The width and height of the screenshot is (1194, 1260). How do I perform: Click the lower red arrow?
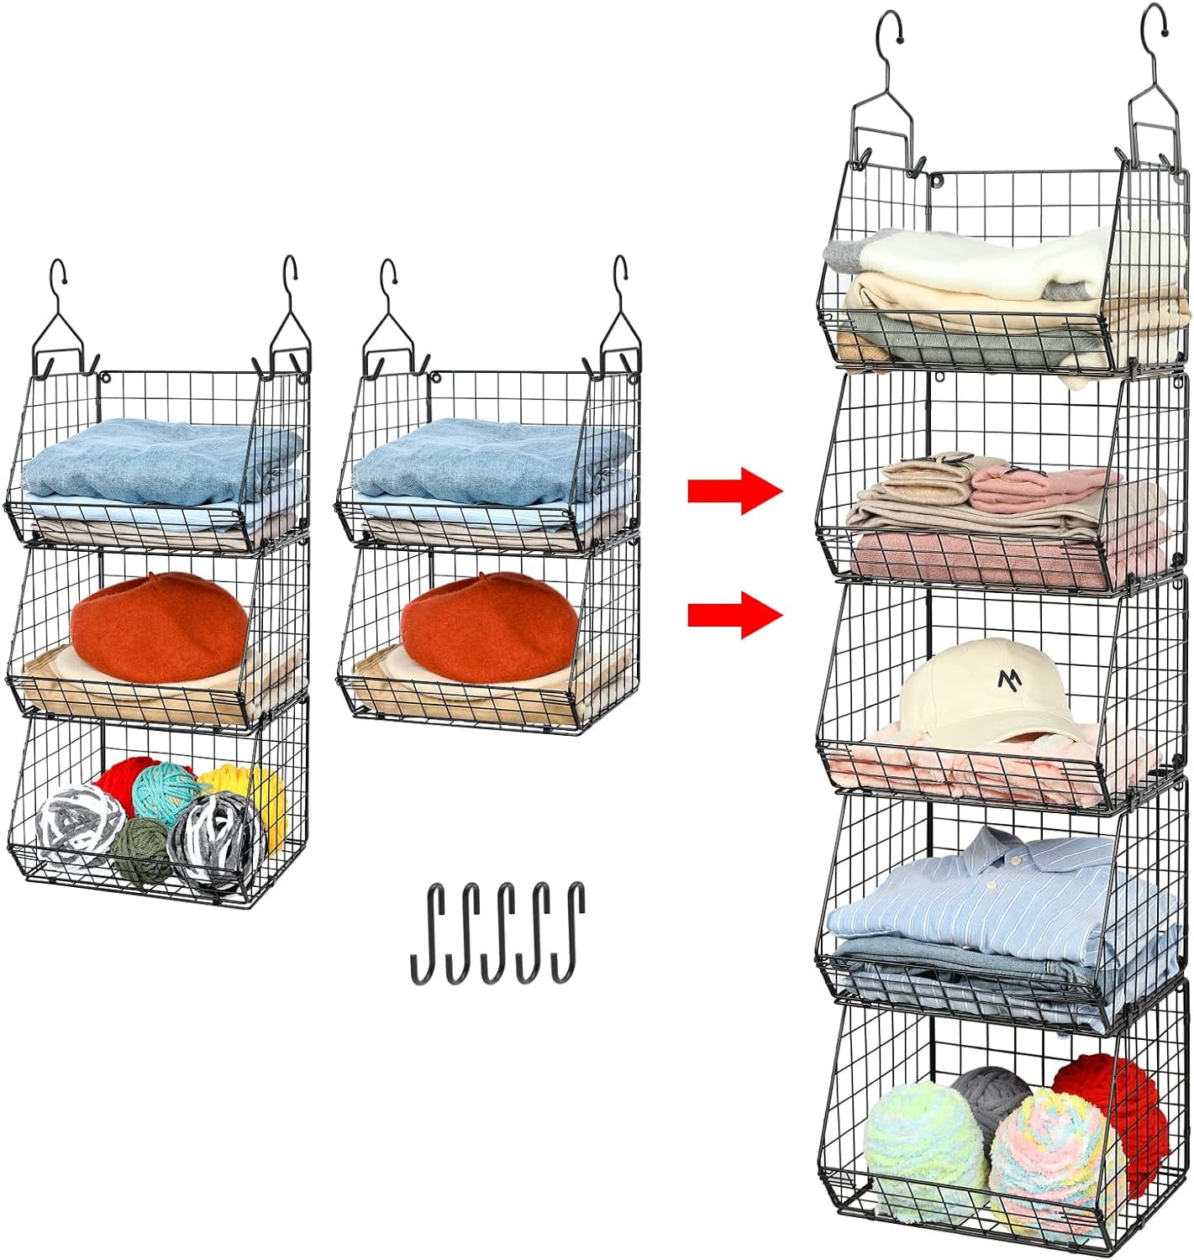(734, 614)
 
